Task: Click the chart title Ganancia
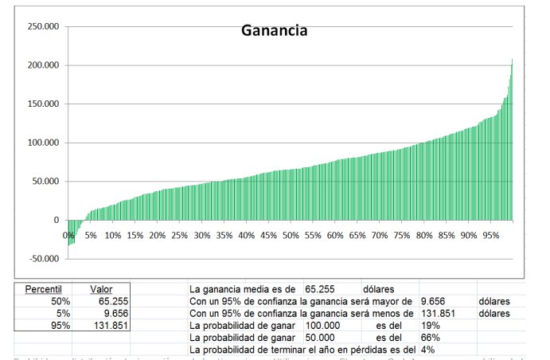coord(275,32)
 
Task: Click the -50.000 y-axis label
coord(44,259)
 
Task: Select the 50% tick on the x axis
coord(291,236)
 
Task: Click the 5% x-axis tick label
coord(90,236)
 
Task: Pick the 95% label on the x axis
coord(490,236)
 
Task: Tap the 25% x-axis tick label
coord(179,236)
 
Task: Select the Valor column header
coord(101,288)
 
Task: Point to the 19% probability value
coord(430,326)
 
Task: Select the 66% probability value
coord(430,338)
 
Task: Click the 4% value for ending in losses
coord(427,350)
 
